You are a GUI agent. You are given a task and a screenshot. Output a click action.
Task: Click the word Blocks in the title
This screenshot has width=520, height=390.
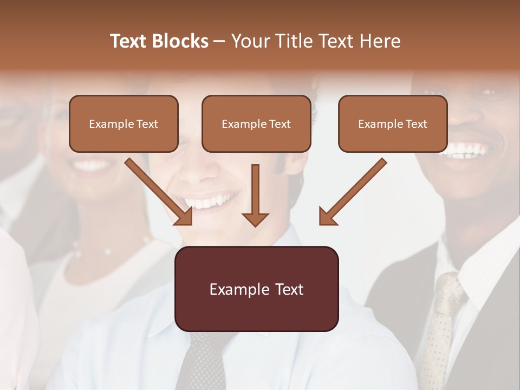[180, 41]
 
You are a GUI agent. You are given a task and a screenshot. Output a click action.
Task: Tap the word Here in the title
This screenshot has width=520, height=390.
[380, 41]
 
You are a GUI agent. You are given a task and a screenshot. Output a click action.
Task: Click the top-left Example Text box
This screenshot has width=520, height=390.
[123, 123]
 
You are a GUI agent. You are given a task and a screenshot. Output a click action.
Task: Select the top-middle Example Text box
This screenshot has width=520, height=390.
[256, 123]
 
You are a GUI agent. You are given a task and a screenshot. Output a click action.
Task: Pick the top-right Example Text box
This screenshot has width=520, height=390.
[393, 123]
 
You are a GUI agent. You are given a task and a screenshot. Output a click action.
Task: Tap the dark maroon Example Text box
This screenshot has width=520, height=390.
[256, 289]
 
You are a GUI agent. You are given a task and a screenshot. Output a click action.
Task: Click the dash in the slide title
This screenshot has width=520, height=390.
[219, 41]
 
